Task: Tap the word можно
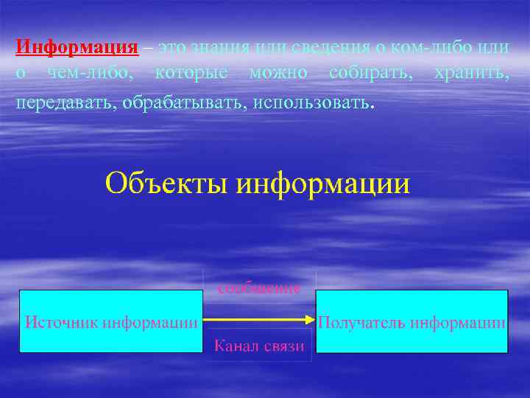278,74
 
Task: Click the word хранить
471,74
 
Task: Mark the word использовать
311,100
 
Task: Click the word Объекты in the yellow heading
167,182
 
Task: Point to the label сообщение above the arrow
258,288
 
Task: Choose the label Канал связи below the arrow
258,346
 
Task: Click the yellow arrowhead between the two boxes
310,320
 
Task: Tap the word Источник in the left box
63,322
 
